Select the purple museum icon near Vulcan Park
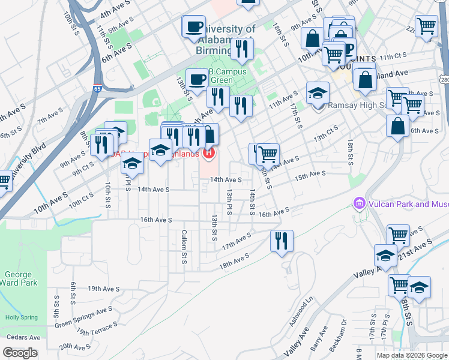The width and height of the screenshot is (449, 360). point(360,205)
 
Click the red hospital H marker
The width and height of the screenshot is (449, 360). point(208,154)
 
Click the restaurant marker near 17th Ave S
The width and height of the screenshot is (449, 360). point(282,241)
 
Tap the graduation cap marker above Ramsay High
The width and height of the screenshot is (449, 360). point(318,93)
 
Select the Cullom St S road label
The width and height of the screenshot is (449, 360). point(184,247)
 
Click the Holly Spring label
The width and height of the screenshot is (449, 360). point(21,317)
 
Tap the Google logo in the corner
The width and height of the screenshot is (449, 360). point(20,353)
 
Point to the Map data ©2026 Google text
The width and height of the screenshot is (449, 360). point(412,355)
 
